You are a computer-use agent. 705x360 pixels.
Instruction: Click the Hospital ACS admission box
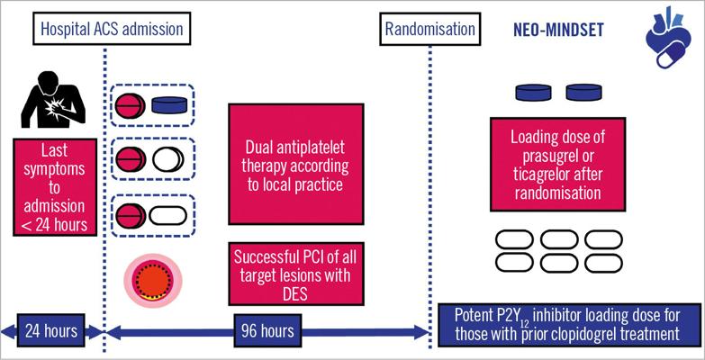(112, 28)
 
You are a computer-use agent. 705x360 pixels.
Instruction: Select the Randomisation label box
(429, 28)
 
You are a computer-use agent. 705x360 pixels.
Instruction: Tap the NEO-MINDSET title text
(558, 30)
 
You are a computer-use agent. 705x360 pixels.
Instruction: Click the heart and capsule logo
(667, 37)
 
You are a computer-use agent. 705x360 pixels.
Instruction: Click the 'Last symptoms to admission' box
(55, 187)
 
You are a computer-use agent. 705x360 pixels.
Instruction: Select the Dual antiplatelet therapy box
(295, 164)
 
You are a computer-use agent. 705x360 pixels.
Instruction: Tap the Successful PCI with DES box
(295, 274)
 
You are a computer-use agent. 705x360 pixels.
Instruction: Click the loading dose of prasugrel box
(557, 164)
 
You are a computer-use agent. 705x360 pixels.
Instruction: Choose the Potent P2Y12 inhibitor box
(569, 325)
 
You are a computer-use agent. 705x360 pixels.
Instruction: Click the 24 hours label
(50, 331)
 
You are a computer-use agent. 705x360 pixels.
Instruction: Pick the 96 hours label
(267, 331)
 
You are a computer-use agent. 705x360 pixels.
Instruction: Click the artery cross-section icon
(153, 281)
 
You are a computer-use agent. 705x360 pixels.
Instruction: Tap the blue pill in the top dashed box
(169, 104)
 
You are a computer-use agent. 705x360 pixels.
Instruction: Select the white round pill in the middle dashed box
(167, 159)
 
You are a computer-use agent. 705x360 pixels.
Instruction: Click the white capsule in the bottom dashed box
(167, 216)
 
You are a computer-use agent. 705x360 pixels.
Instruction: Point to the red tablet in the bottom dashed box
(131, 215)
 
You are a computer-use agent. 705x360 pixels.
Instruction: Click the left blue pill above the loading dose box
(533, 92)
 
